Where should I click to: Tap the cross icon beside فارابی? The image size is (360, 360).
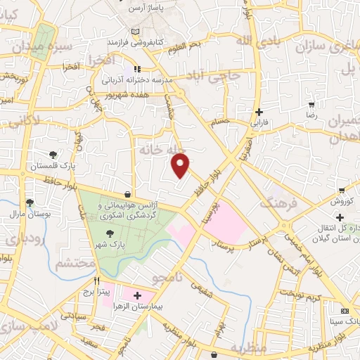click(259, 112)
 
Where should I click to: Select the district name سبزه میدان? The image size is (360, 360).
click(42, 47)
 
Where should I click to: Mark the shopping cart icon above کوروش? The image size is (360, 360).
click(341, 190)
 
